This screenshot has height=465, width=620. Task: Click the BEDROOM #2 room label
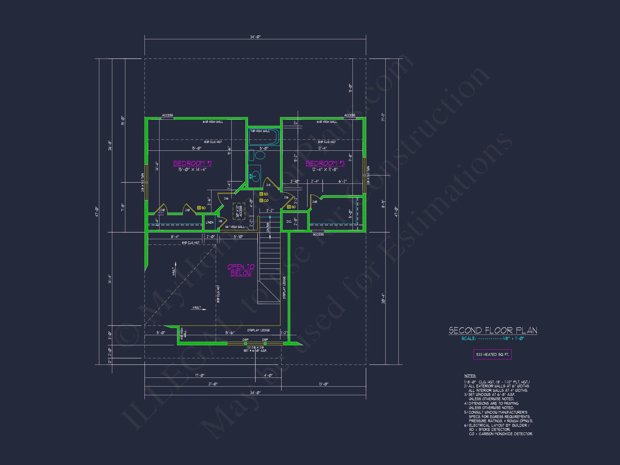pyautogui.click(x=192, y=163)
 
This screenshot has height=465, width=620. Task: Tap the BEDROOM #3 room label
pyautogui.click(x=325, y=163)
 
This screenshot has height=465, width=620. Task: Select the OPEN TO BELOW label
pyautogui.click(x=241, y=270)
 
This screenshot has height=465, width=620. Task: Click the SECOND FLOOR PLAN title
pyautogui.click(x=493, y=330)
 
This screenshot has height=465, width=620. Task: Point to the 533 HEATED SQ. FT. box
pyautogui.click(x=492, y=354)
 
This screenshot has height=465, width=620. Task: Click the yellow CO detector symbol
pyautogui.click(x=261, y=200)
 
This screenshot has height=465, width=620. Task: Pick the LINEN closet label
pyautogui.click(x=209, y=222)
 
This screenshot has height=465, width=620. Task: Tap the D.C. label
pyautogui.click(x=289, y=221)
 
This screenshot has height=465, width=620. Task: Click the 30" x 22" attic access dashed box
pyautogui.click(x=239, y=211)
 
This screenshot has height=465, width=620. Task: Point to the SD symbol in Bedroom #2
pyautogui.click(x=199, y=208)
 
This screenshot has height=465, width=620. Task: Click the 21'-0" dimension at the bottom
pyautogui.click(x=213, y=384)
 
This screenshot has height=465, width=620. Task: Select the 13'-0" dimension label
pyautogui.click(x=323, y=384)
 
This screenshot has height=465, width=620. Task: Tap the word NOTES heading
pyautogui.click(x=470, y=376)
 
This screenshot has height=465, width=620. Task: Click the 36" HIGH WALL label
pyautogui.click(x=235, y=227)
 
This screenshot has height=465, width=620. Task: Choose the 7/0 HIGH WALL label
pyautogui.click(x=260, y=131)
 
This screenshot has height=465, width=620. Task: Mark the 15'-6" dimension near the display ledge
pyautogui.click(x=230, y=333)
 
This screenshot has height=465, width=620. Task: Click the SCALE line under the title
pyautogui.click(x=492, y=338)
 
